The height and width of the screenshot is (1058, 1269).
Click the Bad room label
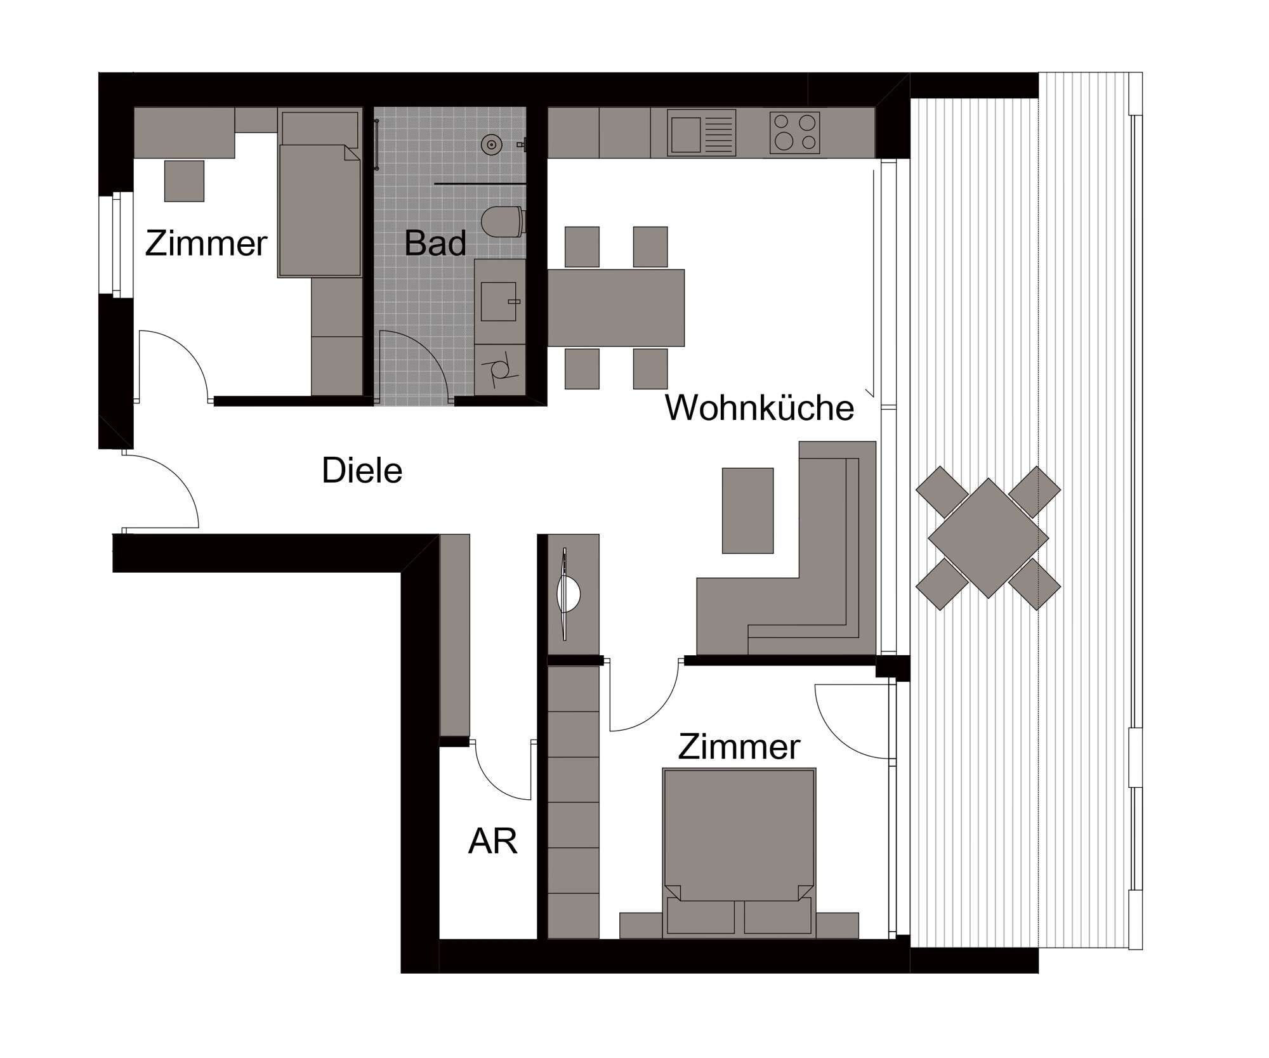pos(435,243)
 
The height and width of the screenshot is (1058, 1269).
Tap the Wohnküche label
pos(759,407)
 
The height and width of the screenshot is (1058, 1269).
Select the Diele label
pos(362,470)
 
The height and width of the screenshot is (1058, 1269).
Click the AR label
pos(492,841)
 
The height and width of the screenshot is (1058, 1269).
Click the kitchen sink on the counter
pos(701,133)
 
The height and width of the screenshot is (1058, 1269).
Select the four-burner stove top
pos(794,133)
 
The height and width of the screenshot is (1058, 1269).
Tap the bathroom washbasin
pos(499,301)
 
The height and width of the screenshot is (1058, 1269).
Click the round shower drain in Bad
pos(491,145)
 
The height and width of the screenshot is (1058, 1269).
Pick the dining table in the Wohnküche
pos(615,308)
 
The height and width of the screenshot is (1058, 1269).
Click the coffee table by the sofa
pos(747,511)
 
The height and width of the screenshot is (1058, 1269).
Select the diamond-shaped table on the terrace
pos(988,538)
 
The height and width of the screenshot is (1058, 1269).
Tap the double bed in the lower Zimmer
pos(739,852)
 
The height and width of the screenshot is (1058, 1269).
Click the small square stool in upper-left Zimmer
pos(184,181)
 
